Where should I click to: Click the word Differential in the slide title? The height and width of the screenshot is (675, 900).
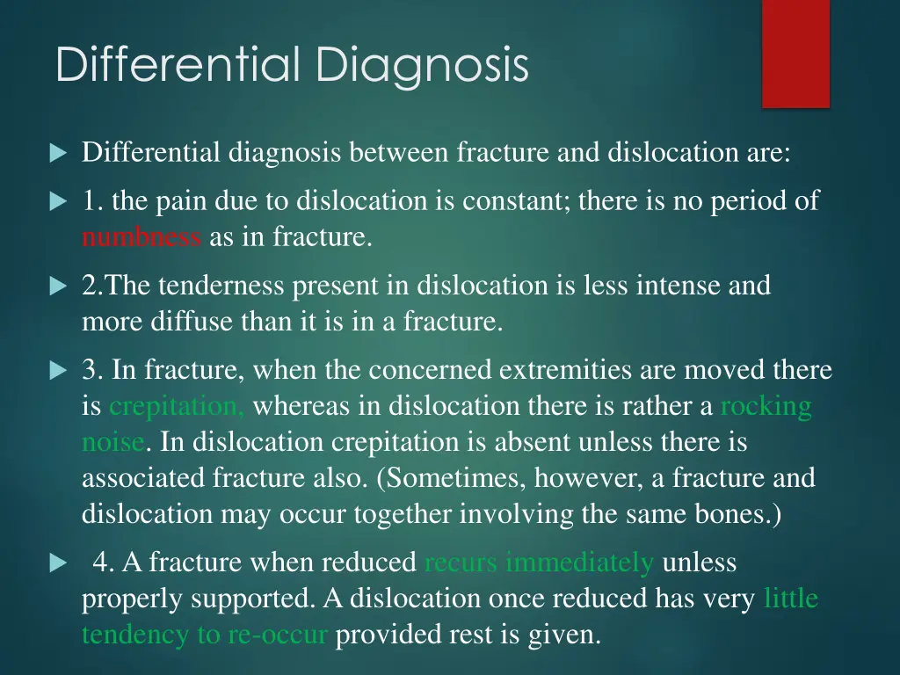click(180, 66)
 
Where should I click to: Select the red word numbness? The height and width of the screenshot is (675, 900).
click(141, 237)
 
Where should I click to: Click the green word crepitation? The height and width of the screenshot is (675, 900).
click(177, 406)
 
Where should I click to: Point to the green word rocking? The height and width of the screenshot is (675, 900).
click(766, 406)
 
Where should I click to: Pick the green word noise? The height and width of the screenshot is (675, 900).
click(112, 442)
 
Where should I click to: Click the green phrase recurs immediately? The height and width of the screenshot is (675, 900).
click(539, 562)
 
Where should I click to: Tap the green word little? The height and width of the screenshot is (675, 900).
click(791, 599)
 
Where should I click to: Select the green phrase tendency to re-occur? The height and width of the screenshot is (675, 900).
click(205, 635)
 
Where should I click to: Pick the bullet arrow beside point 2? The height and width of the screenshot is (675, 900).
click(58, 287)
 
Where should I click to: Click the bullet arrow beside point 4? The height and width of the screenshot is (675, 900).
click(58, 563)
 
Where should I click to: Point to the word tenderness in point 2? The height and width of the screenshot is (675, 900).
click(225, 286)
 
